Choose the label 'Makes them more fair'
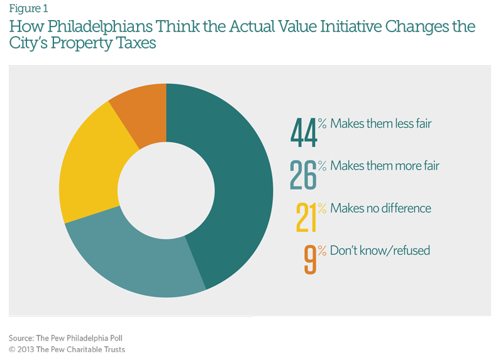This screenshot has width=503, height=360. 385,166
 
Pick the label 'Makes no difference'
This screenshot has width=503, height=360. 381,208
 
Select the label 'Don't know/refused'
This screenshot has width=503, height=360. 380,250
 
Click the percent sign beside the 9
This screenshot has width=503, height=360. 322,249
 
